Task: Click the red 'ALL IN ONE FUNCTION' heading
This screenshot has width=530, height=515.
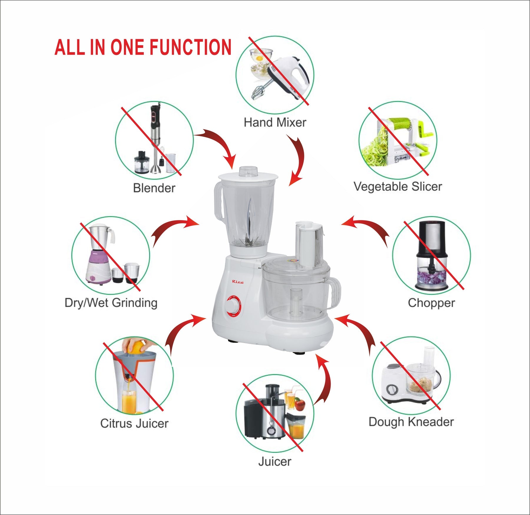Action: tap(143, 47)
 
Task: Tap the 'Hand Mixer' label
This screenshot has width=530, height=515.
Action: tap(275, 122)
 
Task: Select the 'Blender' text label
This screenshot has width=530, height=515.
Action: tap(154, 188)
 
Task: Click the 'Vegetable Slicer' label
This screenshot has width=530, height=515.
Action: tap(397, 187)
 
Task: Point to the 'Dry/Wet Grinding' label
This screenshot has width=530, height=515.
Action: tap(111, 303)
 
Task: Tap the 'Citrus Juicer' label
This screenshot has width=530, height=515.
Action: tap(134, 423)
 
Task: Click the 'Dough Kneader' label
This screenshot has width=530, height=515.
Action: tap(411, 422)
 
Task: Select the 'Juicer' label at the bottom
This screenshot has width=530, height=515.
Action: tap(274, 461)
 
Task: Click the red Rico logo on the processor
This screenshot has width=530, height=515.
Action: tap(238, 282)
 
